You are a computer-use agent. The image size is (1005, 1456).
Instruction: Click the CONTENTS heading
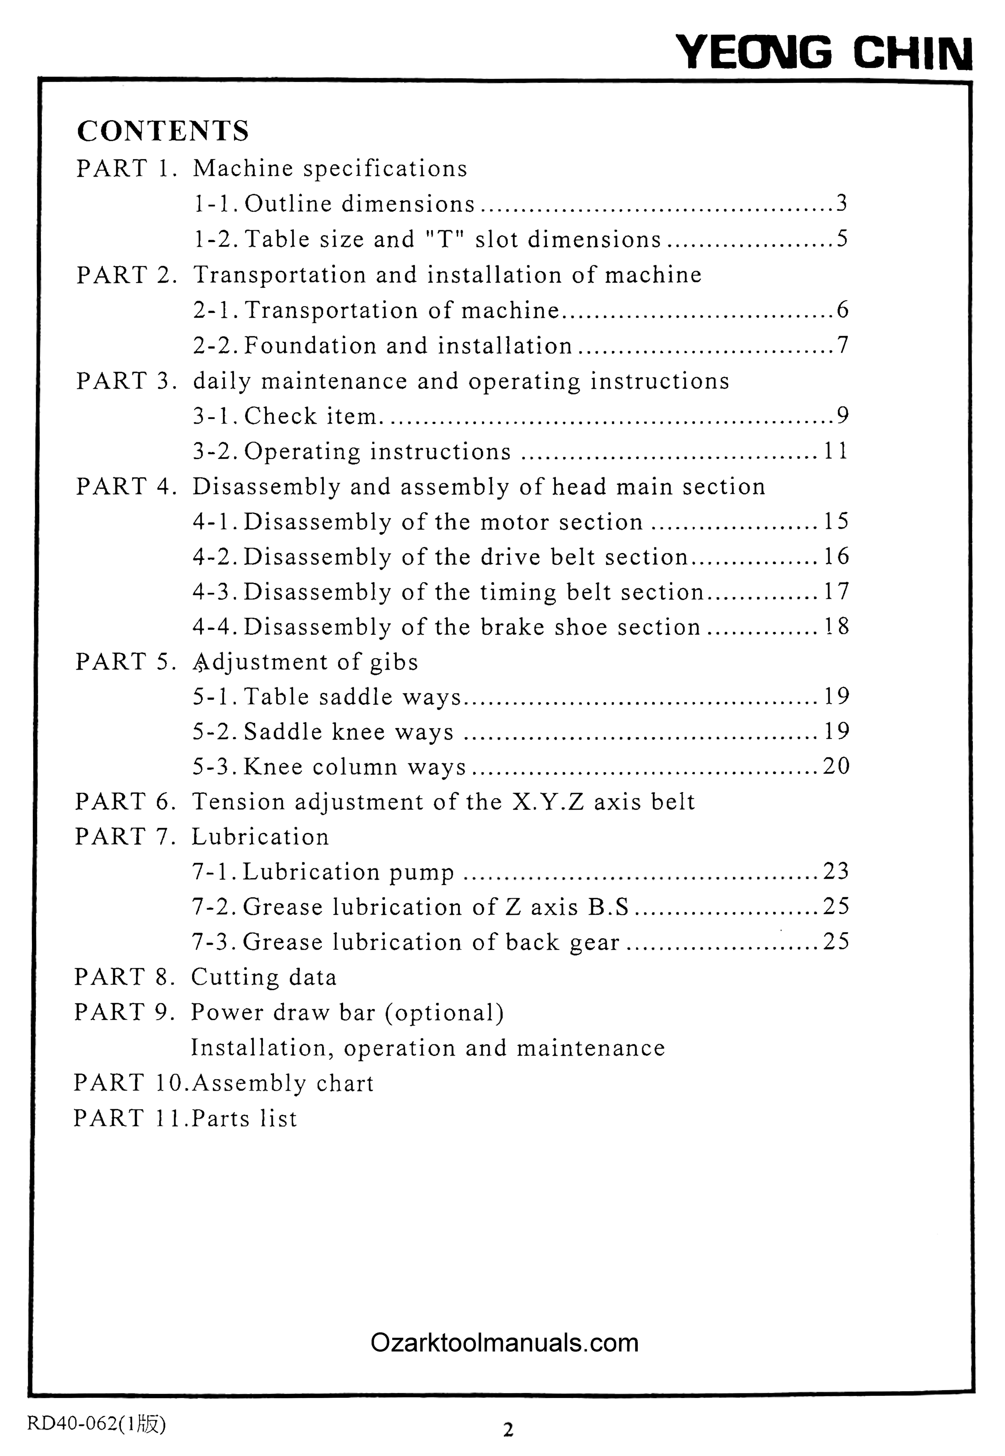[163, 131]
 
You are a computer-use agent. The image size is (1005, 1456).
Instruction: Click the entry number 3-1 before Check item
[216, 415]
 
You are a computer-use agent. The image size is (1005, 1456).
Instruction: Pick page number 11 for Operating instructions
[836, 451]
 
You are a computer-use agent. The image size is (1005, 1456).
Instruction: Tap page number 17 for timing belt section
[836, 591]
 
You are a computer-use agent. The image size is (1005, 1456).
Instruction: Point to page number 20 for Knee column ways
[836, 766]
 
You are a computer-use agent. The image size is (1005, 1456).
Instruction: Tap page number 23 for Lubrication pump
[836, 871]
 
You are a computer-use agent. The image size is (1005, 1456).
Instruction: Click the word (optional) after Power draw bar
[444, 1012]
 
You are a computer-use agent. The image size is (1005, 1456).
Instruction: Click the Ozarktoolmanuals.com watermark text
[504, 1343]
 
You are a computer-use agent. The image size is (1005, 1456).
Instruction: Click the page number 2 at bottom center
[508, 1430]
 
